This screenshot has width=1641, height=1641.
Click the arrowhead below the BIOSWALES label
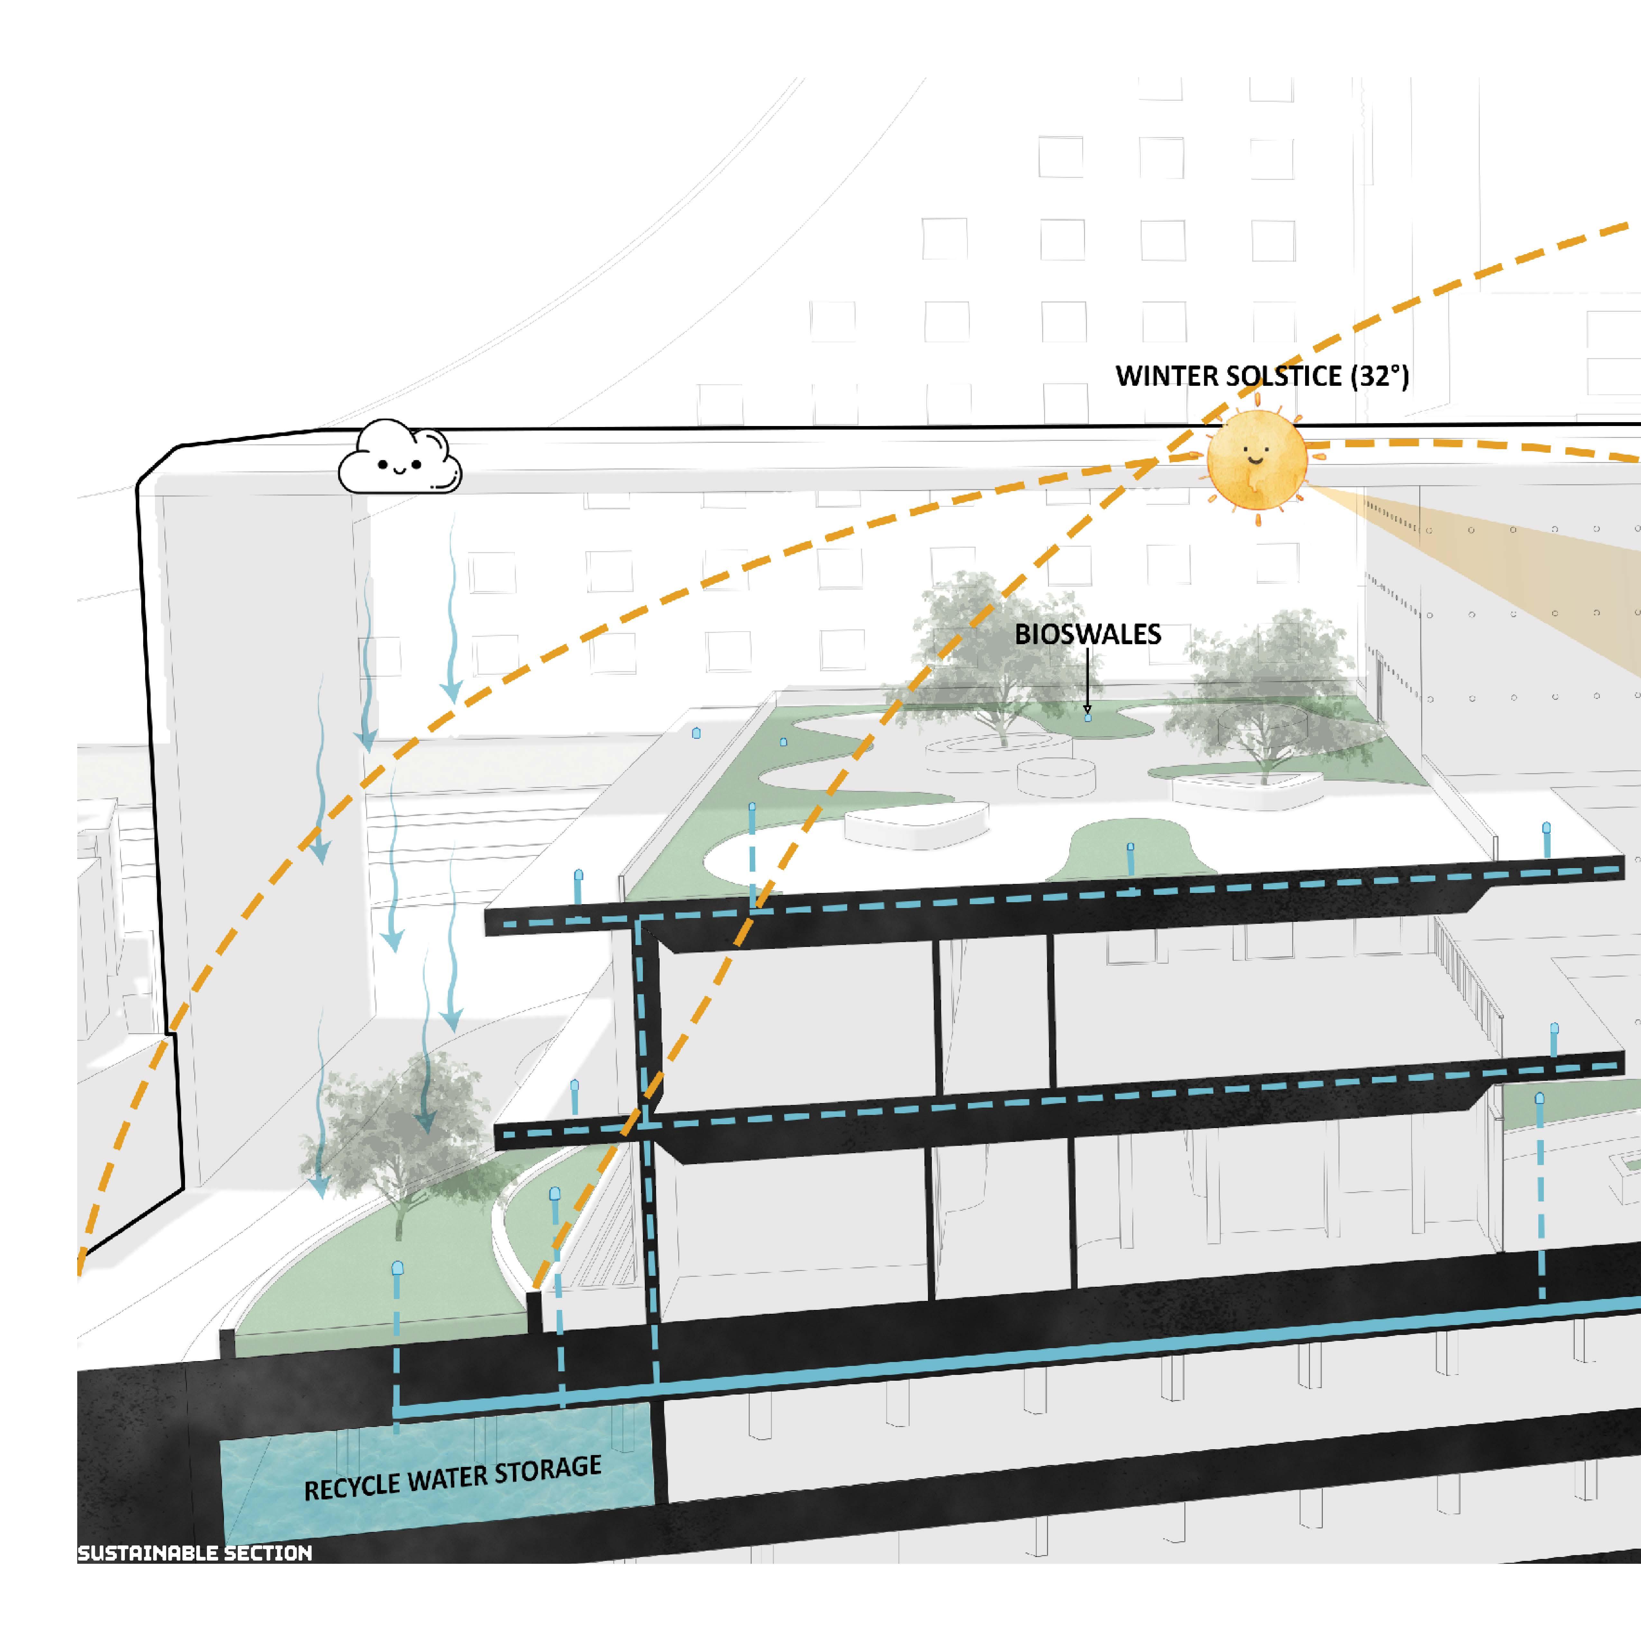(1087, 709)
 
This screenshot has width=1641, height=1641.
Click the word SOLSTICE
(1293, 375)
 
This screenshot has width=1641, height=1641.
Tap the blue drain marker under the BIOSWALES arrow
(1088, 718)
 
